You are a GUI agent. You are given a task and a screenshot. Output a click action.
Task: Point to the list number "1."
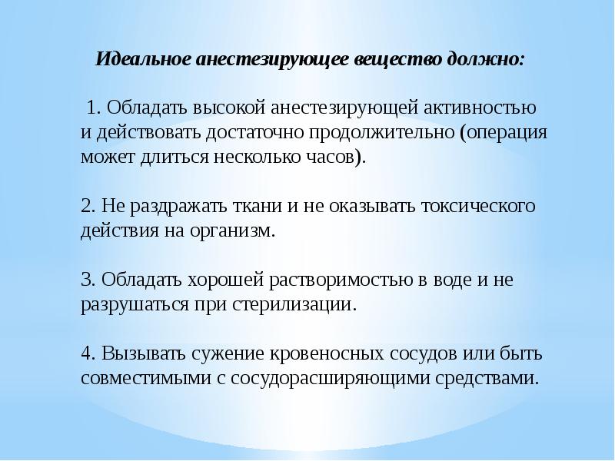pos(95,106)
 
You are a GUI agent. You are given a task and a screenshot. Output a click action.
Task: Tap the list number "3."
pos(88,280)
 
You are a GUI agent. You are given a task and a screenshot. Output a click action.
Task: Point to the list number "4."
pos(88,355)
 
